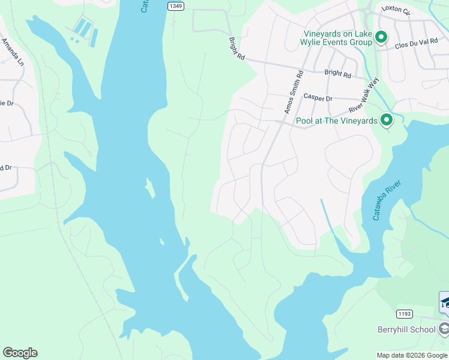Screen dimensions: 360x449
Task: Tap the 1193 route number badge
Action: pyautogui.click(x=404, y=314)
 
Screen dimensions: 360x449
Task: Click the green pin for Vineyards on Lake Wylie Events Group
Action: pyautogui.click(x=381, y=38)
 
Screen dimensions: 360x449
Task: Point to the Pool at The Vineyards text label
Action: pyautogui.click(x=337, y=121)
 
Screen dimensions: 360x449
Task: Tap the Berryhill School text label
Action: pyautogui.click(x=406, y=329)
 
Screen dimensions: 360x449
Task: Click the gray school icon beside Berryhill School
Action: pyautogui.click(x=444, y=328)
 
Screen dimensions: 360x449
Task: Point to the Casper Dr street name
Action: pyautogui.click(x=318, y=98)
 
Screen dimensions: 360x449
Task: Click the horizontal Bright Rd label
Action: pyautogui.click(x=337, y=74)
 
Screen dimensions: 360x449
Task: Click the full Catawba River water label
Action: pyautogui.click(x=386, y=200)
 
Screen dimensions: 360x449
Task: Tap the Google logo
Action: pyautogui.click(x=20, y=353)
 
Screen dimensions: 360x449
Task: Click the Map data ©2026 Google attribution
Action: pyautogui.click(x=412, y=355)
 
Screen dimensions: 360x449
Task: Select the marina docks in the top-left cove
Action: pyautogui.click(x=85, y=31)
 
